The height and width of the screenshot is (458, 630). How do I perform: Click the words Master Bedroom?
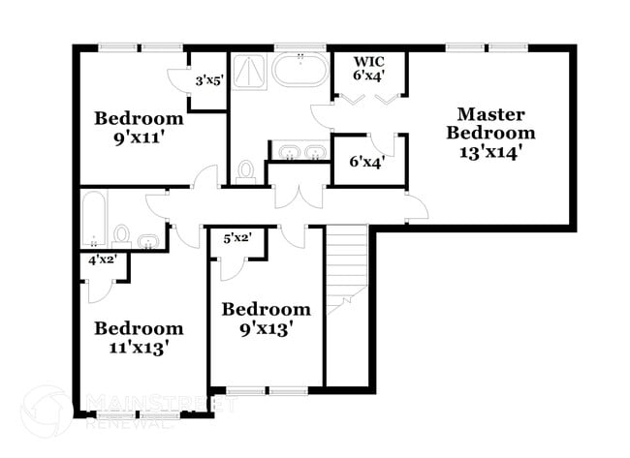[495, 123]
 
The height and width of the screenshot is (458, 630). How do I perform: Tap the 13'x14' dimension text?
[495, 152]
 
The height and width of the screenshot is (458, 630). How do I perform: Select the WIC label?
[368, 61]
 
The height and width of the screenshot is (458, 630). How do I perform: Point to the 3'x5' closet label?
[209, 82]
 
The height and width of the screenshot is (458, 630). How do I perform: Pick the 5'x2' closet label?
[238, 237]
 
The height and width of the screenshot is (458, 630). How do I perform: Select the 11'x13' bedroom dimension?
[139, 347]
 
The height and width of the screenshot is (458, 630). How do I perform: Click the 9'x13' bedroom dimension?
[267, 328]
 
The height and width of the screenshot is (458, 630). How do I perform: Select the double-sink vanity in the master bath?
[299, 152]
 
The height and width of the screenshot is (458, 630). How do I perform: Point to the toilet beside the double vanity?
[246, 172]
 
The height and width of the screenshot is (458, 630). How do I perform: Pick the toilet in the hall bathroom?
[122, 234]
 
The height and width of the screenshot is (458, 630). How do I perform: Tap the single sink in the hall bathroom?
[148, 240]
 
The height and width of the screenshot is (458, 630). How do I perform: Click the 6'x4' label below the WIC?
[367, 161]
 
